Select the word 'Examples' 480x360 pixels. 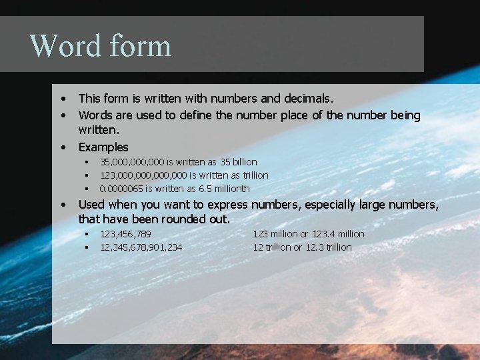(103, 147)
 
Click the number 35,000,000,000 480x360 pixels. (132, 162)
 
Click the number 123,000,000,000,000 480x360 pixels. (143, 175)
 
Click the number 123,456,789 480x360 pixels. (125, 234)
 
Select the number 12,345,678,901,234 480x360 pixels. (141, 247)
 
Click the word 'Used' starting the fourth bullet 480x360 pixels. (91, 204)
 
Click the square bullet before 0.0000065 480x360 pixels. (86, 189)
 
